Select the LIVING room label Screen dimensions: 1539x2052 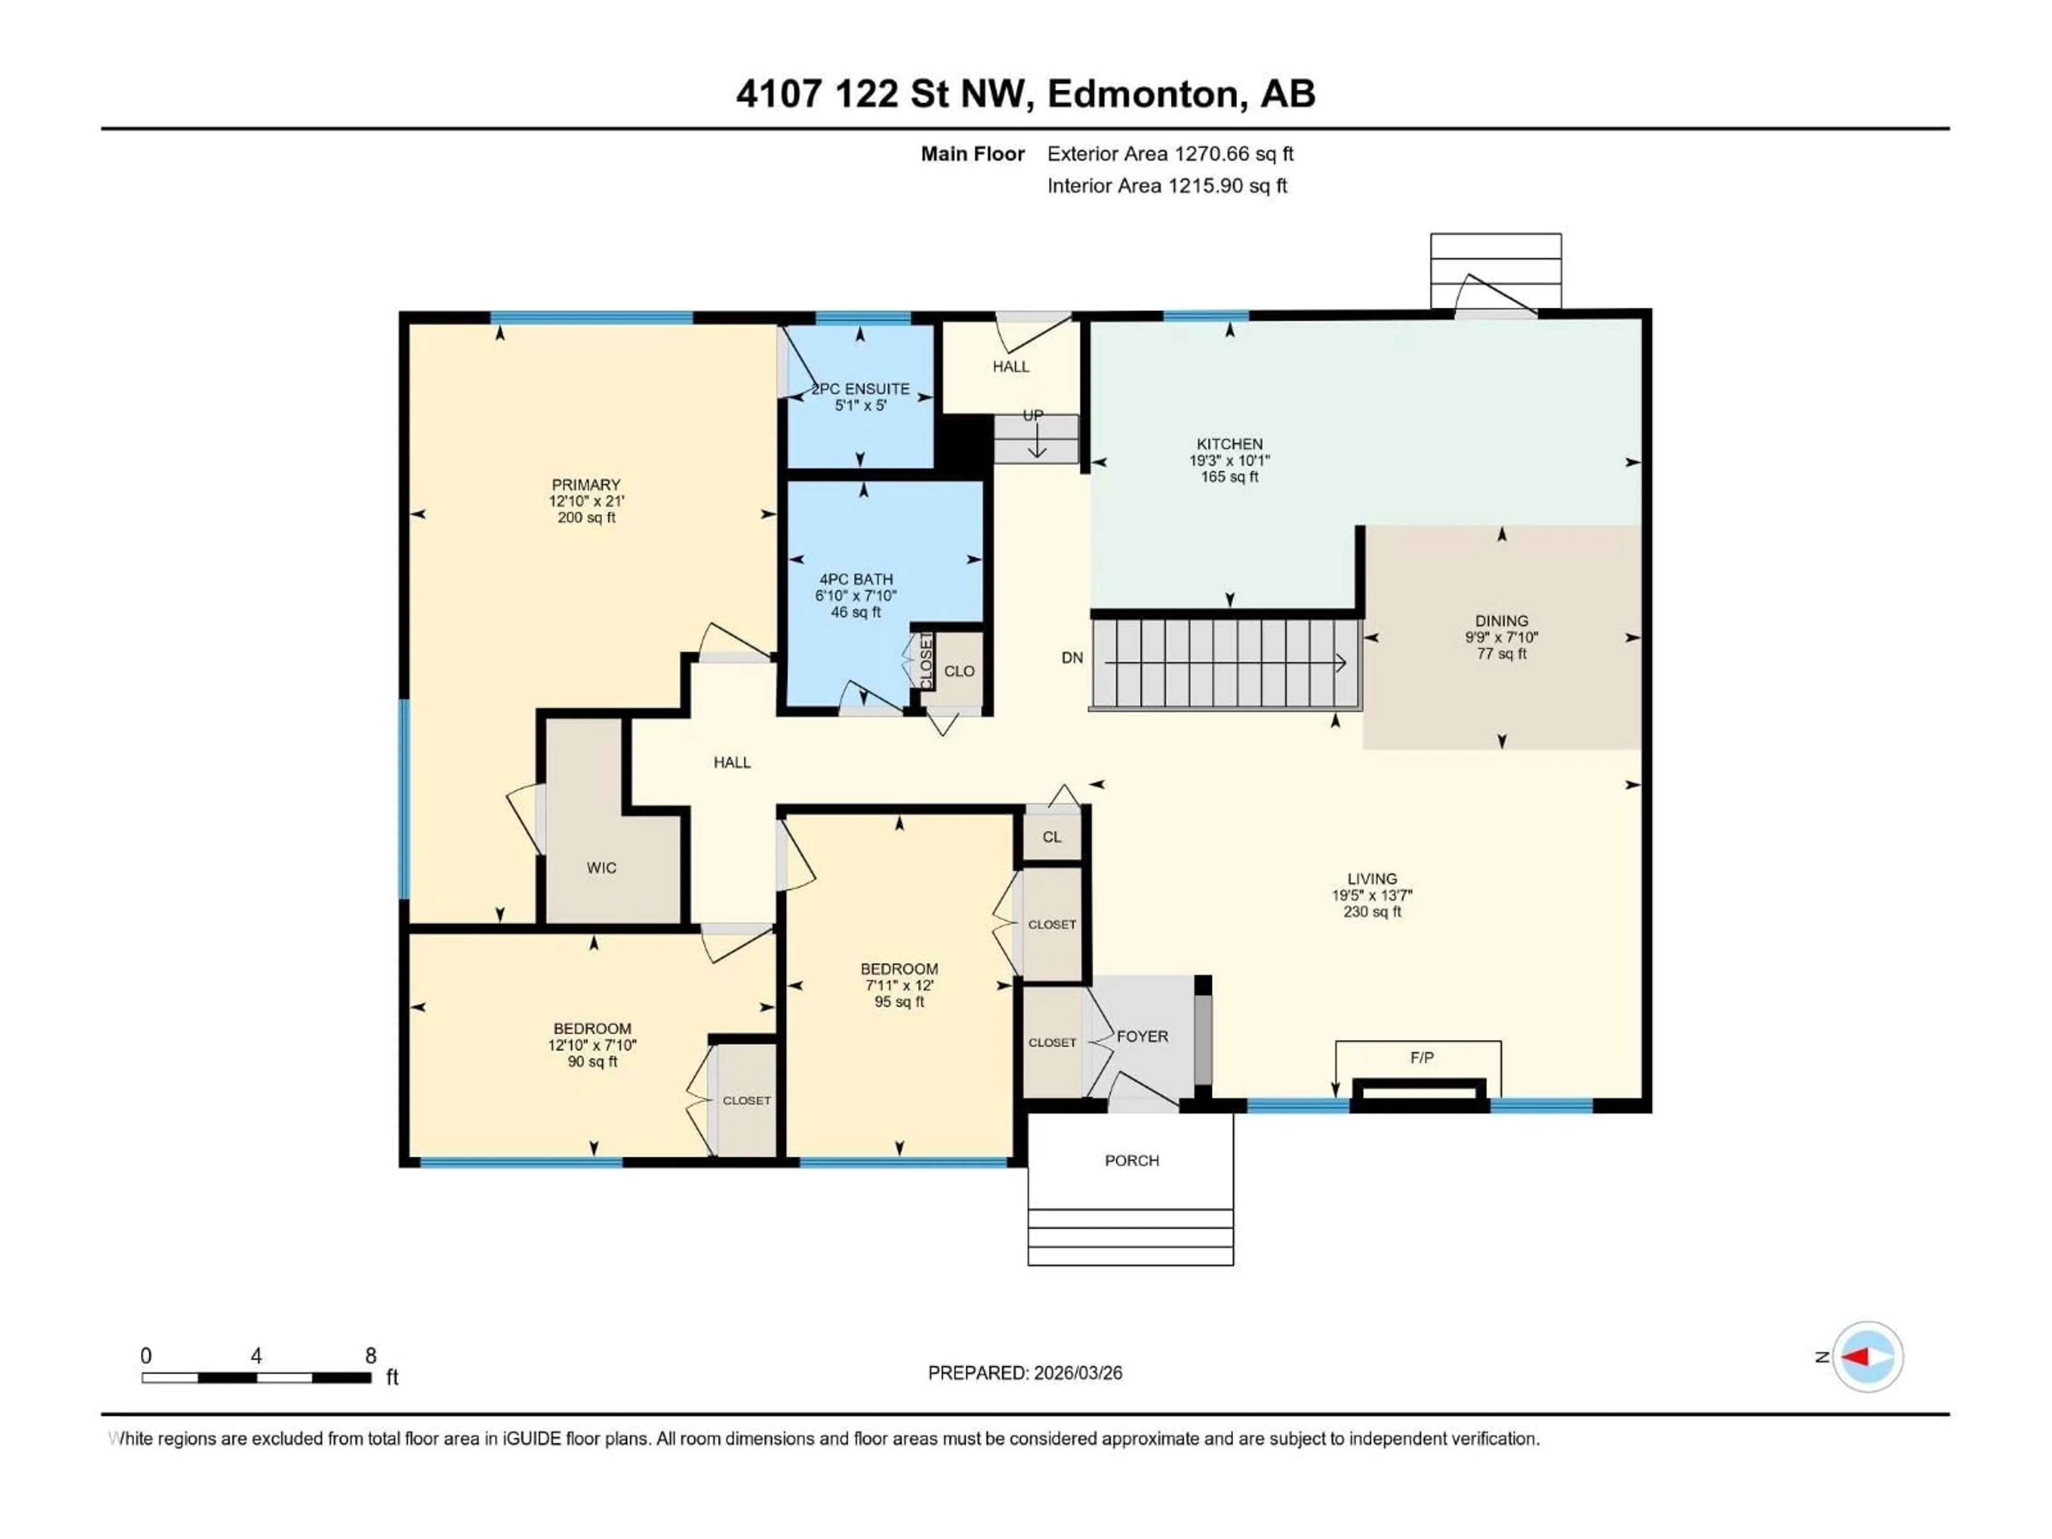pos(1372,879)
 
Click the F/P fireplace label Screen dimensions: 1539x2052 pos(1421,1058)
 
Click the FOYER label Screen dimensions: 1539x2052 pos(1142,1036)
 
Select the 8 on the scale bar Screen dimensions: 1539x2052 pos(370,1355)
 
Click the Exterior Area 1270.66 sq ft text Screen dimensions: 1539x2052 pos(1170,154)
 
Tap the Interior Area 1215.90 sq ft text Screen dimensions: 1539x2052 pos(1167,185)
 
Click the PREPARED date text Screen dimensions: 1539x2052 pos(1024,1373)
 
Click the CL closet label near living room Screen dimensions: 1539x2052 pos(1051,837)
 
